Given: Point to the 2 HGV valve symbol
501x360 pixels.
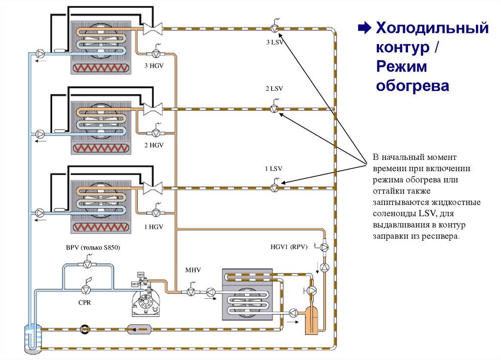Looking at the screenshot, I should coord(156,133).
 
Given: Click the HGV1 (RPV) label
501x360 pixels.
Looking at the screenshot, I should coord(289,247).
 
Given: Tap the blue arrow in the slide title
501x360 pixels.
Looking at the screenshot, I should coord(364,28).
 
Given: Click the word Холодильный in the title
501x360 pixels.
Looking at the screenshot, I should coord(432,28).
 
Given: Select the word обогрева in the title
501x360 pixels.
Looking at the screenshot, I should coord(412,86).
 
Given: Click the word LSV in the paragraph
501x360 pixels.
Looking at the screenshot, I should coord(424,213).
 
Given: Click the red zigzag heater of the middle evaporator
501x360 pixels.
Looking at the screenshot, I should coord(101,147).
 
